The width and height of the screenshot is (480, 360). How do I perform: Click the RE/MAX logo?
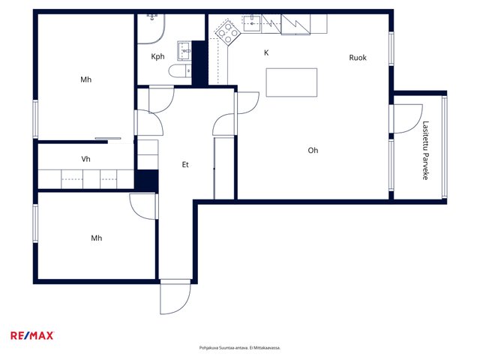(32, 335)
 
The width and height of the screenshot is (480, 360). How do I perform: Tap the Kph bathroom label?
(157, 57)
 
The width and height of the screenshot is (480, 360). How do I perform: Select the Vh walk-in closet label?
(85, 159)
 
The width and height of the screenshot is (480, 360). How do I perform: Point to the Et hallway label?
(185, 165)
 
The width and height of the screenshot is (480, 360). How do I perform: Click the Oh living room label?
(313, 150)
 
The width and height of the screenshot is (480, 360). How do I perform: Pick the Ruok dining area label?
(358, 58)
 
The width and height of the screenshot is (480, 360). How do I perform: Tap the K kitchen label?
(266, 52)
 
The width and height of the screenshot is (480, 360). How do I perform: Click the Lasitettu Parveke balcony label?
(425, 150)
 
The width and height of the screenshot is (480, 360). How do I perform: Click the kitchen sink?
(252, 23)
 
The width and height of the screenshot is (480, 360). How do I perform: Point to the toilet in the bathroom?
(180, 71)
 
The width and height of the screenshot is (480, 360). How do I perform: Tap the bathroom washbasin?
(184, 51)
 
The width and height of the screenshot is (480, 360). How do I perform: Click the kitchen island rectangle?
(292, 82)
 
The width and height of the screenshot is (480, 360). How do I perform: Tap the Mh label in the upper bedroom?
(85, 79)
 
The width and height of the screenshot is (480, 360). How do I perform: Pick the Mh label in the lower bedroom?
(97, 238)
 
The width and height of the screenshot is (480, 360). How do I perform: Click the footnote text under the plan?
(240, 348)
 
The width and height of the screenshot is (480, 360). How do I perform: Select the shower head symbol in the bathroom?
(152, 16)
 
